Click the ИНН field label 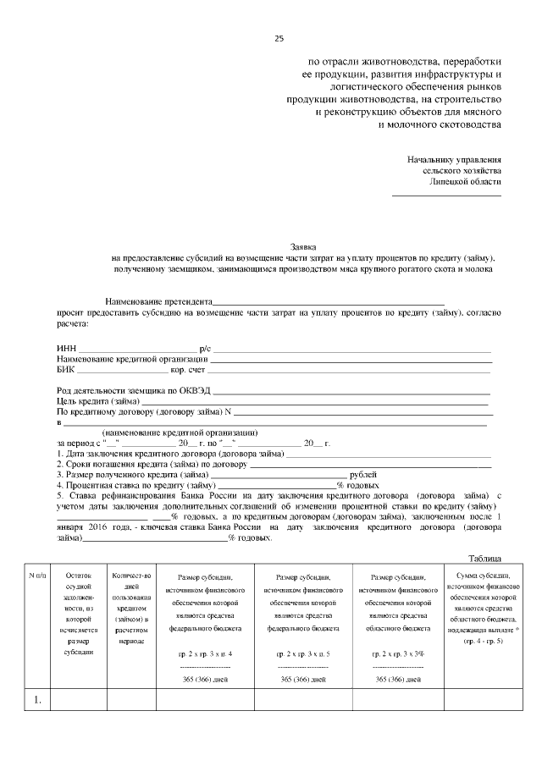[66, 349]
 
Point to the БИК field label [66, 370]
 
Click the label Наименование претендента [158, 302]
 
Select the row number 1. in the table [38, 700]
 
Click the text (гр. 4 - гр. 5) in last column [482, 642]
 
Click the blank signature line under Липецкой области [445, 196]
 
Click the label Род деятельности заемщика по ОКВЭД [133, 390]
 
